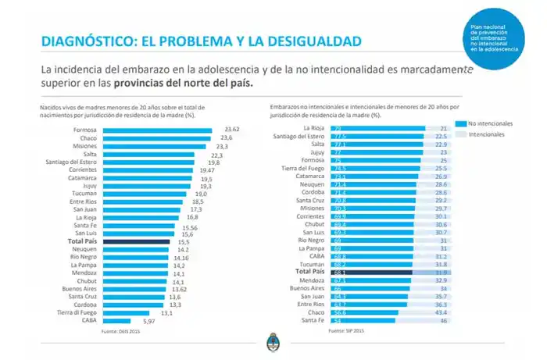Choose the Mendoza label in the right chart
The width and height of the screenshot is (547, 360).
coord(312,279)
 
